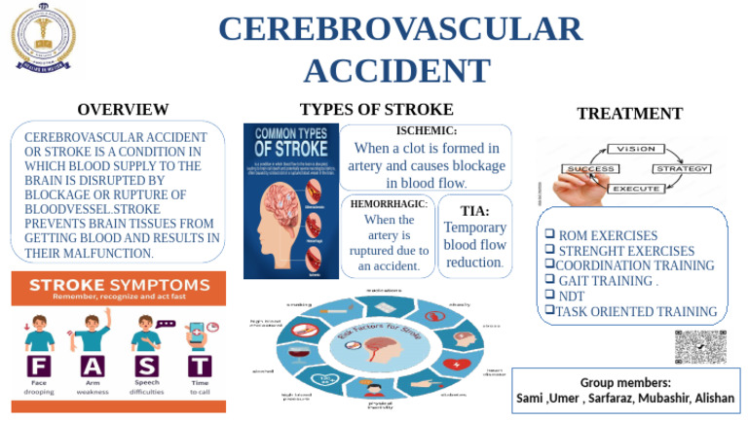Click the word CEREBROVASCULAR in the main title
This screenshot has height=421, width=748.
click(x=400, y=29)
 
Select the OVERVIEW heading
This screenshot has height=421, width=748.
click(x=123, y=110)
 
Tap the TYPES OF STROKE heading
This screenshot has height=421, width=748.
click(x=376, y=109)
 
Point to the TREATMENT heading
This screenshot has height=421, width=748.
click(x=629, y=114)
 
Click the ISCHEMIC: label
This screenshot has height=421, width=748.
click(x=427, y=130)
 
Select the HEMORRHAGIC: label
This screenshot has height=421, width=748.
click(x=389, y=203)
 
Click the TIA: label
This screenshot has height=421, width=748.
click(x=474, y=210)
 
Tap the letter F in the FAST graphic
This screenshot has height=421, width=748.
click(x=38, y=367)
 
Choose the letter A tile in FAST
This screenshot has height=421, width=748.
click(x=92, y=367)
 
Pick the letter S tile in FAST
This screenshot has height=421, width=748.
click(x=145, y=367)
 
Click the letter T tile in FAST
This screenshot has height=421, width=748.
click(x=199, y=367)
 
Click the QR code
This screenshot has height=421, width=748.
click(x=700, y=347)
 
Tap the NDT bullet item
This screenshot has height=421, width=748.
click(x=570, y=296)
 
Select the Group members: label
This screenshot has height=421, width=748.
click(x=624, y=382)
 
